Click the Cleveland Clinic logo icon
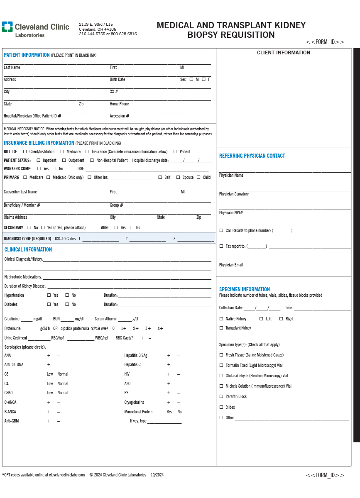(x=7, y=27)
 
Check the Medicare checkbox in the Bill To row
(x=62, y=152)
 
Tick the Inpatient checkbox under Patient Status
(x=39, y=160)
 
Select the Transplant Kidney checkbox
(x=221, y=328)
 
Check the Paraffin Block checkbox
(x=221, y=396)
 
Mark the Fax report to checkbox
(x=221, y=246)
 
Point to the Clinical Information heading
(x=28, y=249)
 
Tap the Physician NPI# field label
(x=231, y=212)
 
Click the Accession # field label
(x=119, y=116)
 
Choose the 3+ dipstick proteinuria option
(x=148, y=328)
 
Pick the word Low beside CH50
(x=50, y=393)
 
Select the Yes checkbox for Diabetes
(x=49, y=304)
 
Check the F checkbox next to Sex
(x=203, y=79)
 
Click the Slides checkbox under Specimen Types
(x=221, y=407)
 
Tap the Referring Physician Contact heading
(x=252, y=156)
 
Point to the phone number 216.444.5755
(x=92, y=34)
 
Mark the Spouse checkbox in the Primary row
(x=178, y=177)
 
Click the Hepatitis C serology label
(x=132, y=364)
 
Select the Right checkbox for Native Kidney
(x=281, y=319)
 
